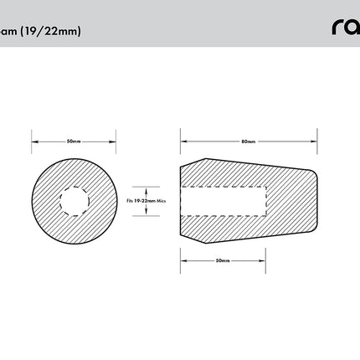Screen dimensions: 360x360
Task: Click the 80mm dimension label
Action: (x=249, y=141)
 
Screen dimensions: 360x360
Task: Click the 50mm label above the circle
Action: (x=73, y=141)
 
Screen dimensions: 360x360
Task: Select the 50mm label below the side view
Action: (x=223, y=260)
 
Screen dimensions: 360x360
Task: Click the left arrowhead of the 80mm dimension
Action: (x=183, y=141)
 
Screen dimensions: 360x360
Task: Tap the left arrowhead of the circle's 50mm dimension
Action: (x=33, y=141)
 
